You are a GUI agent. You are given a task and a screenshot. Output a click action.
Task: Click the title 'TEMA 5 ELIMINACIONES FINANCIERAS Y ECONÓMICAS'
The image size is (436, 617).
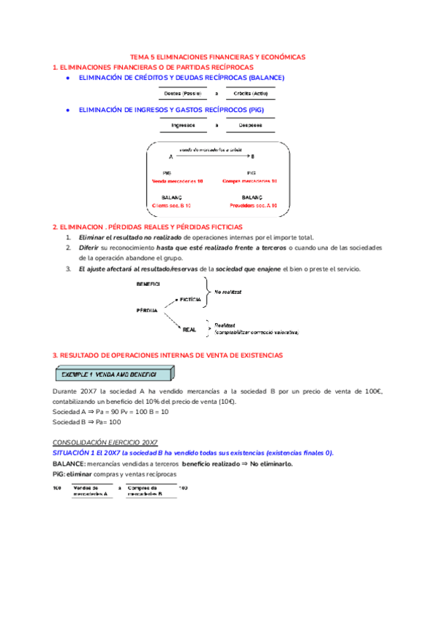coord(218,56)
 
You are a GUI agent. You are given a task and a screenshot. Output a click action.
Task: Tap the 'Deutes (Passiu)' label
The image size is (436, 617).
coord(182,94)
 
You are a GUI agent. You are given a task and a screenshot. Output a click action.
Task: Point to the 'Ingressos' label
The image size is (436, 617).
coord(182,125)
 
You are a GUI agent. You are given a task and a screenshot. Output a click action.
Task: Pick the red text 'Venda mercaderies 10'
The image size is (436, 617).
coord(177,180)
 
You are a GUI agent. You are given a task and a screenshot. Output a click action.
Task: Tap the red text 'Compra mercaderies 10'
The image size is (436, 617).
coord(250,180)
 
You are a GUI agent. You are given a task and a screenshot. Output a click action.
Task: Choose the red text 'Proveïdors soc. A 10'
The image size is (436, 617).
coord(250,206)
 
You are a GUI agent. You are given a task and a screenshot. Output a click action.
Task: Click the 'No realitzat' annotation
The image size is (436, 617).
coord(227,292)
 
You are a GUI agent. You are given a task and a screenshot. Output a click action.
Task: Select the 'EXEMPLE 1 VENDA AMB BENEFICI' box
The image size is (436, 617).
coord(115,374)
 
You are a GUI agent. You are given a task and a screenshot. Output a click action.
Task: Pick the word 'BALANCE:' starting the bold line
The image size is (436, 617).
coord(68,463)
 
